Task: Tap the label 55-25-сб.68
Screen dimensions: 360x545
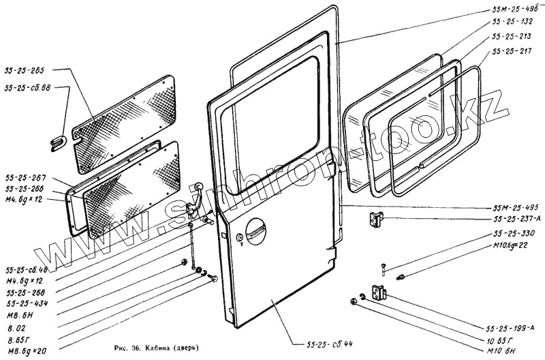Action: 27,89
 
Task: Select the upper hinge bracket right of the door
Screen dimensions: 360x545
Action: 375,220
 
